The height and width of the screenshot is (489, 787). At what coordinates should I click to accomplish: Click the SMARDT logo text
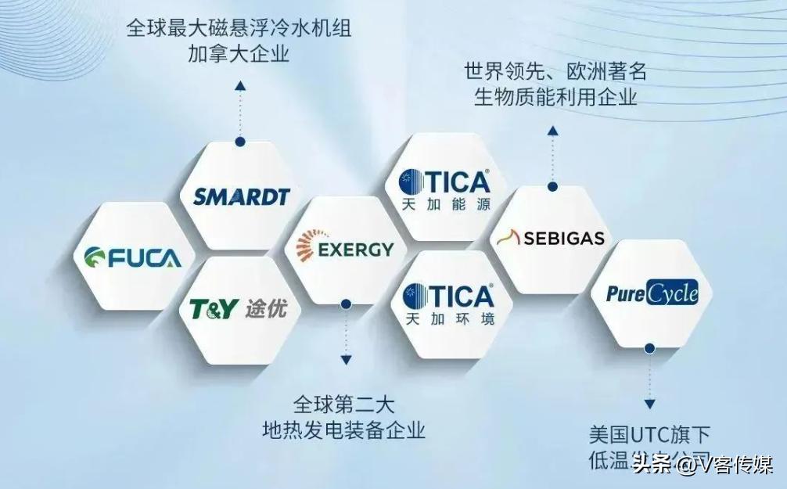pyautogui.click(x=241, y=196)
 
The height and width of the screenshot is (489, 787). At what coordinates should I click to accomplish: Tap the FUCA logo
pyautogui.click(x=132, y=257)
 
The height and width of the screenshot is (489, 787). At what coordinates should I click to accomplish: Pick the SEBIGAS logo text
pyautogui.click(x=563, y=239)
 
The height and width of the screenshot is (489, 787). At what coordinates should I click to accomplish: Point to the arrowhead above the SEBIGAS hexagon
pyautogui.click(x=552, y=131)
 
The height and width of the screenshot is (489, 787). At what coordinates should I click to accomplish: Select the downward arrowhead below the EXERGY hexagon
pyautogui.click(x=345, y=359)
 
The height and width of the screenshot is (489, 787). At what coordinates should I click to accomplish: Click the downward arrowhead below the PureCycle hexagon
pyautogui.click(x=649, y=404)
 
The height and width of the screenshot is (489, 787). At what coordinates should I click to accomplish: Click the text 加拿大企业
pyautogui.click(x=239, y=55)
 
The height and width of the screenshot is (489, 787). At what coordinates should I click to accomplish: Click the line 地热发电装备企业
pyautogui.click(x=344, y=430)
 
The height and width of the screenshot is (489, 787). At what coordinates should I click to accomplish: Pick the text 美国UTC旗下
pyautogui.click(x=649, y=435)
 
